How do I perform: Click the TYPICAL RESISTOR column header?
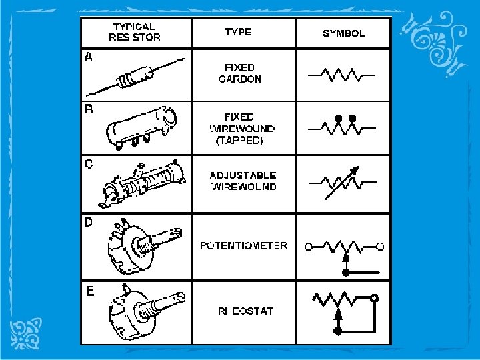coord(134,31)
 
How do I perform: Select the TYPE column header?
coord(238,31)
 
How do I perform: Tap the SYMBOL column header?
coord(343,32)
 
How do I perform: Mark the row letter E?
coord(89,290)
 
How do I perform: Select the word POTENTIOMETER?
coord(244,245)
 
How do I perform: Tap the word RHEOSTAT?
coord(245,311)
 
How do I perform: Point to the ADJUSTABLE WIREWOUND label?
coord(243,181)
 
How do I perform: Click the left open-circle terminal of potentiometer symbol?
coord(308,247)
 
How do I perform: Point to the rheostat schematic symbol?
coord(345,311)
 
